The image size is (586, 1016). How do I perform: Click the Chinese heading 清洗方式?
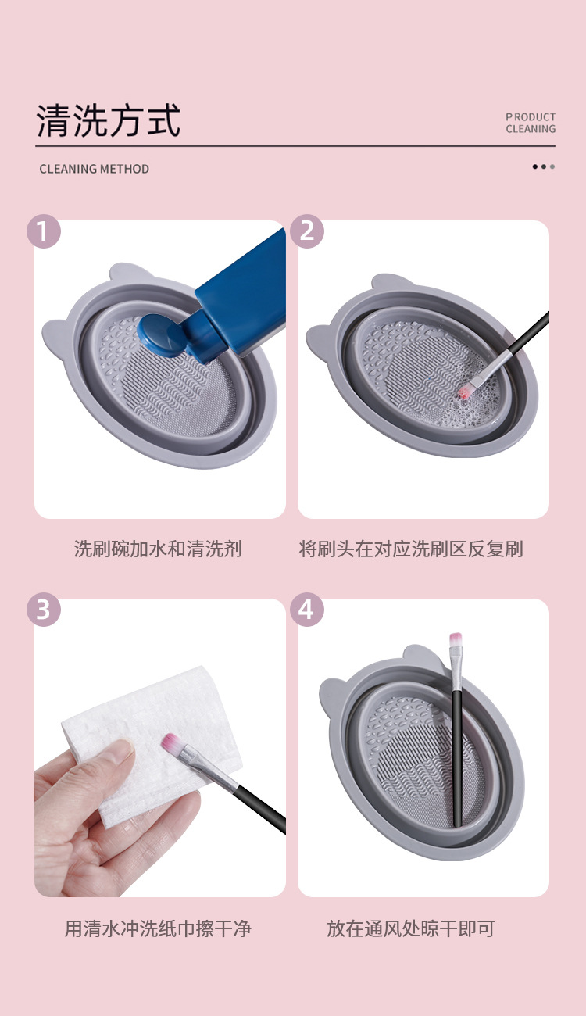[109, 121]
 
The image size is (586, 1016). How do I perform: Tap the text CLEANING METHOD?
[94, 169]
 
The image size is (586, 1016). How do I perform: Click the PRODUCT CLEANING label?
[531, 123]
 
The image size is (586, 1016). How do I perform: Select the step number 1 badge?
[44, 231]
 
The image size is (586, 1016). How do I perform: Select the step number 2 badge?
[307, 231]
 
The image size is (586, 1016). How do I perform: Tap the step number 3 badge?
[44, 610]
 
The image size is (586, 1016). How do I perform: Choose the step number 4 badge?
[307, 610]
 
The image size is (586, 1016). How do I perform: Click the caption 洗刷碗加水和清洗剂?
[158, 549]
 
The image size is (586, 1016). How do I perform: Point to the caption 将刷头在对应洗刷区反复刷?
[411, 549]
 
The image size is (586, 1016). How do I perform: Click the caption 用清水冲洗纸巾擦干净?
[158, 928]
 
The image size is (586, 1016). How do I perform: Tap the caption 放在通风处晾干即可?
[411, 928]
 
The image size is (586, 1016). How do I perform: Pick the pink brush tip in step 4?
[456, 642]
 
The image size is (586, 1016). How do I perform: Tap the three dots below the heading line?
[544, 166]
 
